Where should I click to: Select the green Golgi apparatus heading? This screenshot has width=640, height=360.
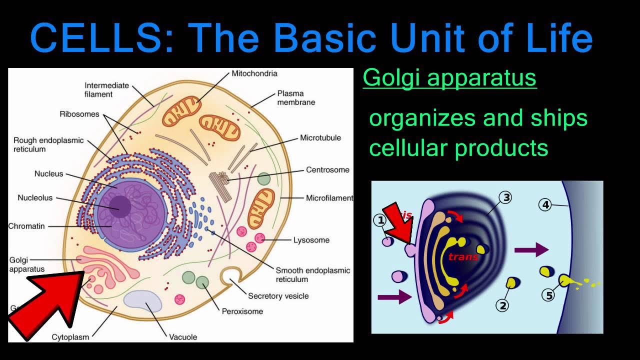[x=449, y=78]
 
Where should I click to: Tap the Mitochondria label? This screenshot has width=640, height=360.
[x=254, y=73]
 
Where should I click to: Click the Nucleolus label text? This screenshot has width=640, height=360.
[x=35, y=198]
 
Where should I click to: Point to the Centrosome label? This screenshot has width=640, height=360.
[x=327, y=170]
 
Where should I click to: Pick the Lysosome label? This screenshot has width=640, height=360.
[x=311, y=240]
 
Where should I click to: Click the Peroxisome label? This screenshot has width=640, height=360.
[x=242, y=311]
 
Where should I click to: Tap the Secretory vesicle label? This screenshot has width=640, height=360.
[x=278, y=296]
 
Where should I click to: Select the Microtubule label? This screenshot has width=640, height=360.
[x=320, y=137]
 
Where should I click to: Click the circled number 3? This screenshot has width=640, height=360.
[x=506, y=198]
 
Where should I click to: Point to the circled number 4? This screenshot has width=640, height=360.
[x=545, y=204]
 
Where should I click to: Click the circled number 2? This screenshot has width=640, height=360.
[x=502, y=304]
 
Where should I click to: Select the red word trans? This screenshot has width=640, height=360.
[x=463, y=257]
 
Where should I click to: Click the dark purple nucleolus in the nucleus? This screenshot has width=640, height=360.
[x=120, y=206]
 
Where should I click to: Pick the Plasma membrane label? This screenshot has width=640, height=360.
[x=296, y=97]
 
